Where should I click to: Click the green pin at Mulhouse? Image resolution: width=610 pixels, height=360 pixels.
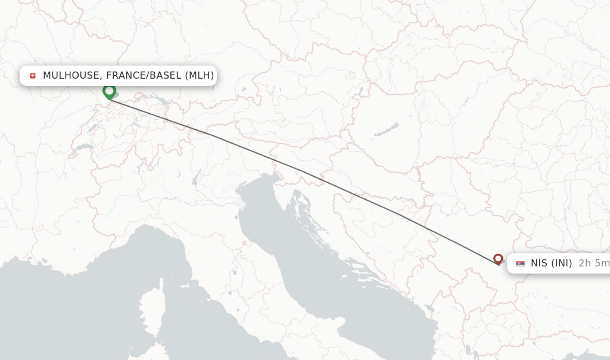click(109, 91)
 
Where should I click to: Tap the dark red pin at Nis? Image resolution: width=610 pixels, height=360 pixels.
click(498, 259)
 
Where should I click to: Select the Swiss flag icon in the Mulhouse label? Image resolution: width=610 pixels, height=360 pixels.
click(33, 76)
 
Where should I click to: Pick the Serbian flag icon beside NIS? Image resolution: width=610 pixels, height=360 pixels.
click(520, 263)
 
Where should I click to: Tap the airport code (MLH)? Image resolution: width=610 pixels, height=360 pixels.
click(199, 76)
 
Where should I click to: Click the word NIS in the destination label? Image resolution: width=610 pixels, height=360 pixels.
click(539, 263)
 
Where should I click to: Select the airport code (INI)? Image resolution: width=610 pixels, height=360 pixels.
click(561, 263)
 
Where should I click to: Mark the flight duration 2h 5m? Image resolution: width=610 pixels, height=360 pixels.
click(593, 263)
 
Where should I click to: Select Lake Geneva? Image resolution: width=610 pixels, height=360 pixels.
click(83, 147)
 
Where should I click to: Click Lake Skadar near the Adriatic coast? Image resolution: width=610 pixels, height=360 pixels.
click(428, 309)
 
